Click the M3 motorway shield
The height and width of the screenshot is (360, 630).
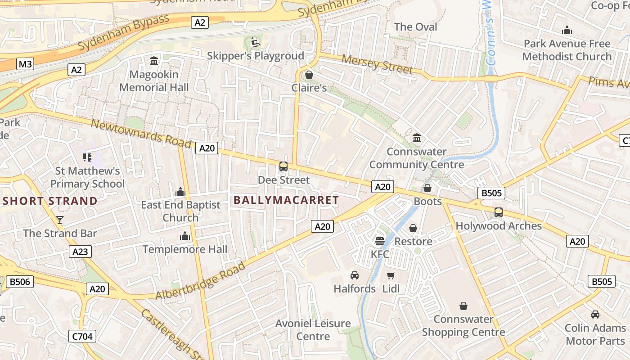tap(25, 64)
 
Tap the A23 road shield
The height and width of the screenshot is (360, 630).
tap(81, 252)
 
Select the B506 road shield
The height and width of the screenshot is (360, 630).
tap(20, 282)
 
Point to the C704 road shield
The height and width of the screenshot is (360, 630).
tap(83, 336)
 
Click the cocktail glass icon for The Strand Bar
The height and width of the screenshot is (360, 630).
tap(60, 220)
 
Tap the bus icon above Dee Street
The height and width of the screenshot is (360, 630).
tap(283, 166)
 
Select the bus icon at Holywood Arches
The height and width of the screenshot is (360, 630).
tap(499, 212)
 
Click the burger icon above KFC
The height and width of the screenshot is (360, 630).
tap(380, 241)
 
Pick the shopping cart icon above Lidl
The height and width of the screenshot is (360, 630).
tap(391, 275)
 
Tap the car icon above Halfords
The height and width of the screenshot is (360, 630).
tap(355, 275)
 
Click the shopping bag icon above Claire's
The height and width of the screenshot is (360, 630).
tap(309, 74)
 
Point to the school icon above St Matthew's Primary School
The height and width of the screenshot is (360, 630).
tap(87, 157)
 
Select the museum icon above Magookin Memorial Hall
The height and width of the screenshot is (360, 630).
tap(154, 61)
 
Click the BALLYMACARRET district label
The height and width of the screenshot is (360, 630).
tap(287, 200)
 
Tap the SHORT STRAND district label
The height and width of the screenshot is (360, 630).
tap(50, 201)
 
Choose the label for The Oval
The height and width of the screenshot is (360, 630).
tap(415, 27)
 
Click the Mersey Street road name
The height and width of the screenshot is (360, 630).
tap(377, 64)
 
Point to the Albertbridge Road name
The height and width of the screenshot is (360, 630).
tap(201, 280)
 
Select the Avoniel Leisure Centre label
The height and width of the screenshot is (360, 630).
tap(313, 330)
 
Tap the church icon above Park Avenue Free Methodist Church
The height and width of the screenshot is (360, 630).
tap(567, 31)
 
